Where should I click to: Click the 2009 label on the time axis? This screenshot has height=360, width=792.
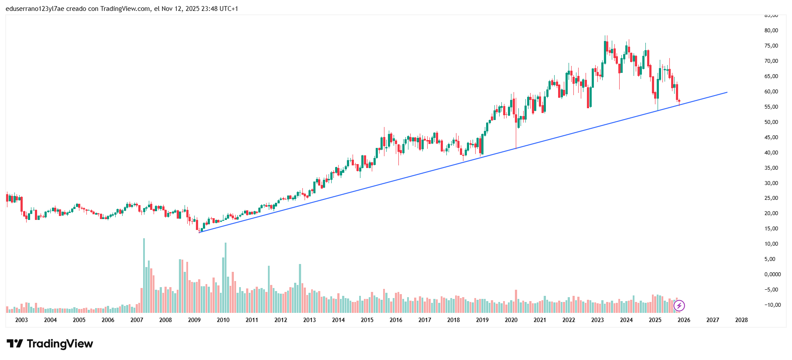[x=194, y=320]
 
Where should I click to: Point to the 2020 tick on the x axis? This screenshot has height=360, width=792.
[x=511, y=320]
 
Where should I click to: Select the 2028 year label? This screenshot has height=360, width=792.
[x=741, y=320]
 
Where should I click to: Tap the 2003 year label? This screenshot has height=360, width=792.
[x=21, y=320]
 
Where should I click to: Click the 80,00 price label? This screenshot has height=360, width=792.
[x=771, y=31]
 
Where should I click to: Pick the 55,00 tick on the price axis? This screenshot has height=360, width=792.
[x=771, y=107]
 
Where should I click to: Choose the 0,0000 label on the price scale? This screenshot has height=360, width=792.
[x=772, y=274]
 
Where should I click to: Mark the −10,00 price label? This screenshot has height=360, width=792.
[x=772, y=305]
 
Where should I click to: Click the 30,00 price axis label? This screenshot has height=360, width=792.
[x=771, y=183]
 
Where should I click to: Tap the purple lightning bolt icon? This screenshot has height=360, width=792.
[x=679, y=306]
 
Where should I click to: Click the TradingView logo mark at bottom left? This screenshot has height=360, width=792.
[x=14, y=344]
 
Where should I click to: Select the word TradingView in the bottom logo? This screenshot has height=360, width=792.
[x=60, y=344]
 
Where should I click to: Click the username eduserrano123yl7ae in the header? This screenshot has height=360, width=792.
[x=35, y=9]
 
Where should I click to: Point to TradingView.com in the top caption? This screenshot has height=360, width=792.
[x=125, y=9]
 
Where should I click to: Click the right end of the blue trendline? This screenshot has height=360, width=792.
[x=727, y=92]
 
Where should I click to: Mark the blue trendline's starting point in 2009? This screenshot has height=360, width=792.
[x=199, y=232]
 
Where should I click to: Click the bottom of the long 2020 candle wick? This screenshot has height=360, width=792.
[x=516, y=149]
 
